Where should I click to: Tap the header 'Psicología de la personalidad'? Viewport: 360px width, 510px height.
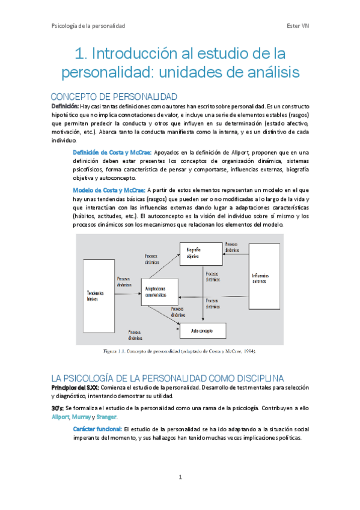pyautogui.click(x=88, y=26)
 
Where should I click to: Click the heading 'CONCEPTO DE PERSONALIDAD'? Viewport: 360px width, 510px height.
pyautogui.click(x=114, y=97)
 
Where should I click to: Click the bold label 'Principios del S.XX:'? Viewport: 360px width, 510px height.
pyautogui.click(x=75, y=387)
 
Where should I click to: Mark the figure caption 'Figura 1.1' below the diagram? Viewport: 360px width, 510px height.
pyautogui.click(x=115, y=350)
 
